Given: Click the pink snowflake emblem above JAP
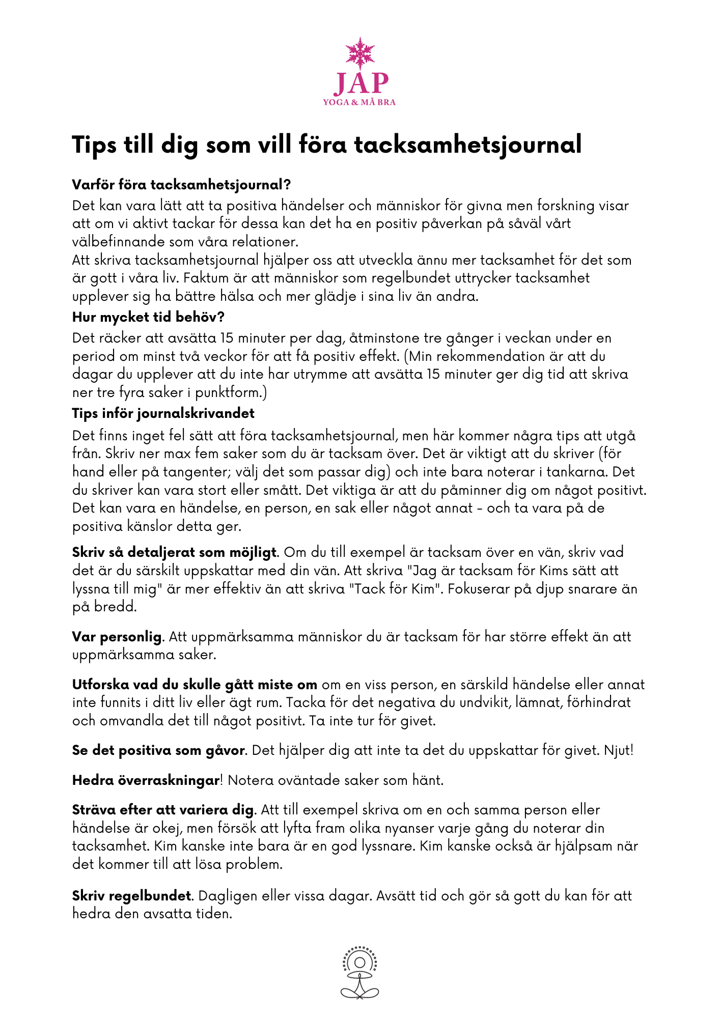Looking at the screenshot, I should (x=360, y=53).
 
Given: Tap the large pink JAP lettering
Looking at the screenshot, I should (x=361, y=83).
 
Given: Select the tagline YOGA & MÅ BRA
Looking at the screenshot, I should (x=359, y=102).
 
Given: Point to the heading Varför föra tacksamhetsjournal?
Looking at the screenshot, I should (x=181, y=184).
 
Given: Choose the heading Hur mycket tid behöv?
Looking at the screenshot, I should (x=148, y=317).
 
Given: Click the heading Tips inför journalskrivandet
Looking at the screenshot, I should (x=163, y=413).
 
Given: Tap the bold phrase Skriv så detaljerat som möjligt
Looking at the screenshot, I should (x=175, y=552).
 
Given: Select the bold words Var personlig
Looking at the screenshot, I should (x=117, y=637).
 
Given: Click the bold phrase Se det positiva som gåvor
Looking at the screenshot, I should (x=159, y=750).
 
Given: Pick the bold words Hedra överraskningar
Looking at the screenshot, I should (x=146, y=780).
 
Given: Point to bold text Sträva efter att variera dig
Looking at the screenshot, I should (x=163, y=810).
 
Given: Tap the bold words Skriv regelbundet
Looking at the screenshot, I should (x=132, y=896).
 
